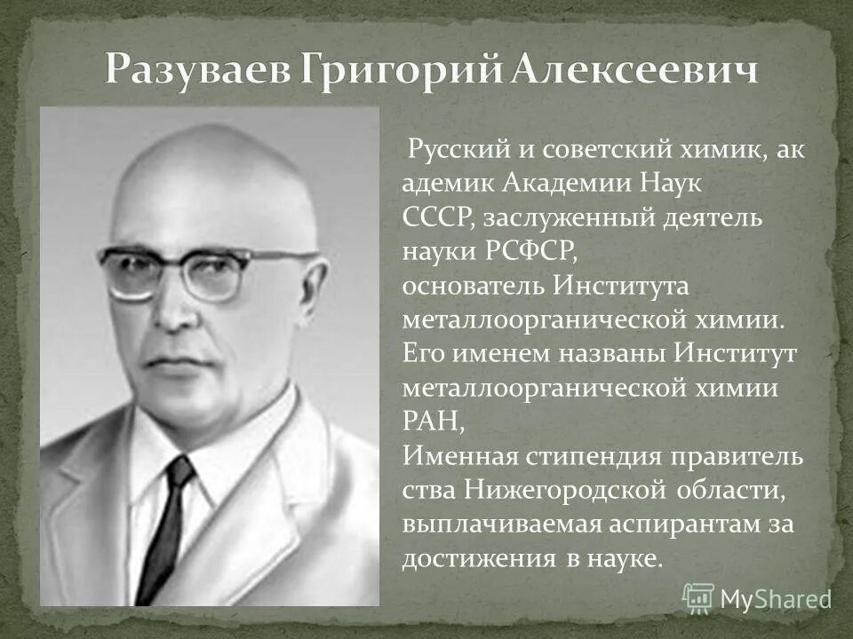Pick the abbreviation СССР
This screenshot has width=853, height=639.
tap(431, 217)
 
